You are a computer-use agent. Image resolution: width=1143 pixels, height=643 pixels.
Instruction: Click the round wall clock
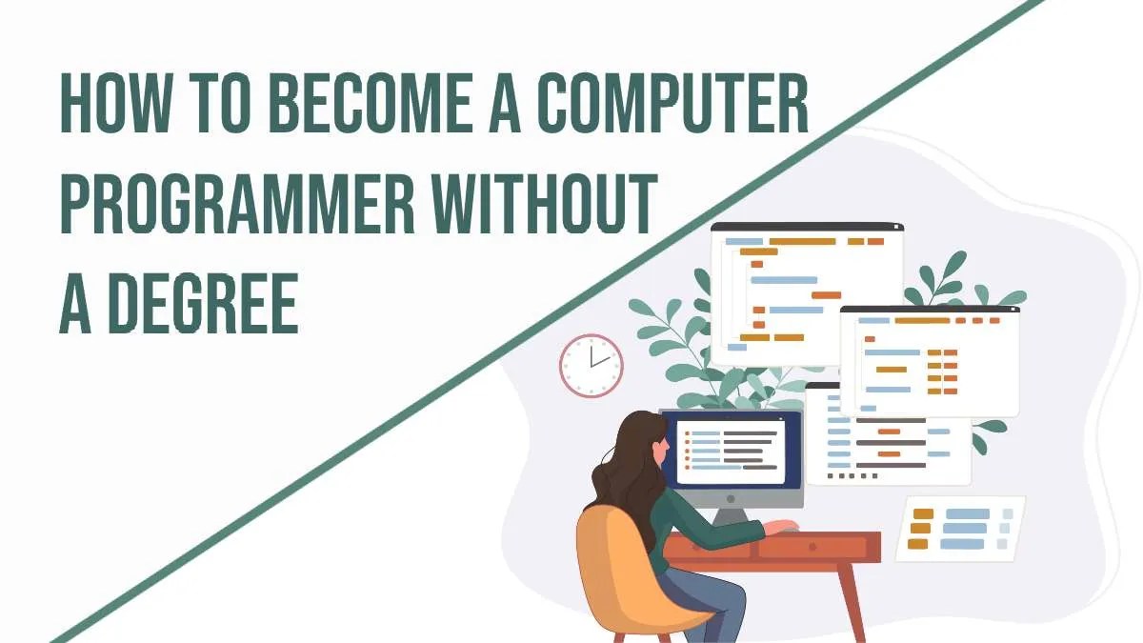tap(591, 366)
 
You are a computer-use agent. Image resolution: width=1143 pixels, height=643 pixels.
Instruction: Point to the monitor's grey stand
tap(731, 514)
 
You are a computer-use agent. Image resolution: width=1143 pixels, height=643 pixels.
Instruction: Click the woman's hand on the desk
tap(783, 526)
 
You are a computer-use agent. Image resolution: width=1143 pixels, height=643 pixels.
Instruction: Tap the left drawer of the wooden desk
tap(710, 549)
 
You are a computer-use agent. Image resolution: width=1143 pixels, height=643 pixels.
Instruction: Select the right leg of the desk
tap(852, 600)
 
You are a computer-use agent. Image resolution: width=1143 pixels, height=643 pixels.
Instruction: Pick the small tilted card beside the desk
tap(960, 528)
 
